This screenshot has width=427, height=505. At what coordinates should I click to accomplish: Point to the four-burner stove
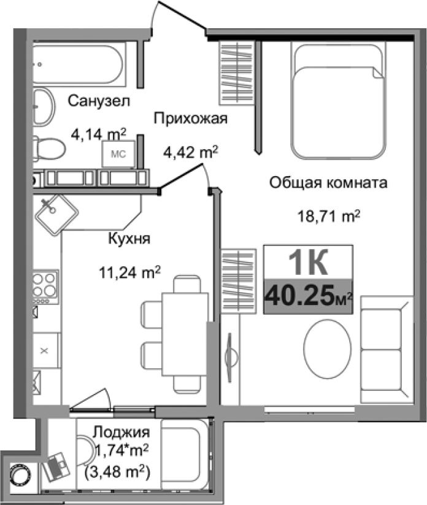(45, 286)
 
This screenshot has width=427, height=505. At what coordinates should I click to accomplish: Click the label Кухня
(129, 239)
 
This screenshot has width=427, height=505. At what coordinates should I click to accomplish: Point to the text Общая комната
(328, 182)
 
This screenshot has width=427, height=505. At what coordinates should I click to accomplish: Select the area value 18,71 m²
(328, 215)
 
